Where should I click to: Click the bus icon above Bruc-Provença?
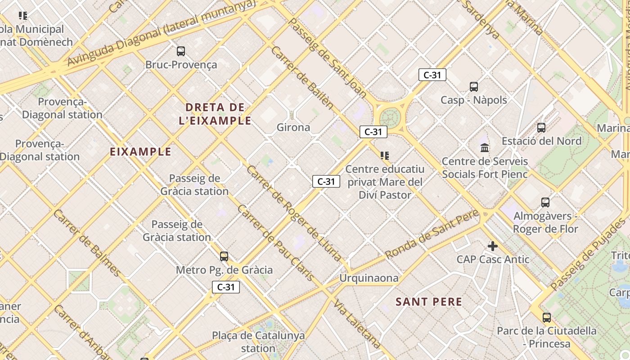pos(181,51)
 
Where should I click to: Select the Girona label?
pos(293,127)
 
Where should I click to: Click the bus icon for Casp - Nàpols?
pos(473,87)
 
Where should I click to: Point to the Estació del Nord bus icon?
pos(541,128)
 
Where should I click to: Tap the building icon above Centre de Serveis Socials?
pos(485,148)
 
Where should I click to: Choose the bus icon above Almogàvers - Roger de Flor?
pos(545,202)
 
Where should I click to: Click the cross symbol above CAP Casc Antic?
pos(493,246)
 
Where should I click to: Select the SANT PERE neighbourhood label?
pos(429,302)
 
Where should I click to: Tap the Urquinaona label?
pos(369,278)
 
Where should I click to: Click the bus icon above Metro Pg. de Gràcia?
pos(224,256)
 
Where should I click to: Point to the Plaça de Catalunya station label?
pos(258,342)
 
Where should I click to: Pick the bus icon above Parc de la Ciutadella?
pos(547,318)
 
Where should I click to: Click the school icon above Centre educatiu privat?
pos(384,156)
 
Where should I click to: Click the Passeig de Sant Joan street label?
pos(327,58)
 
